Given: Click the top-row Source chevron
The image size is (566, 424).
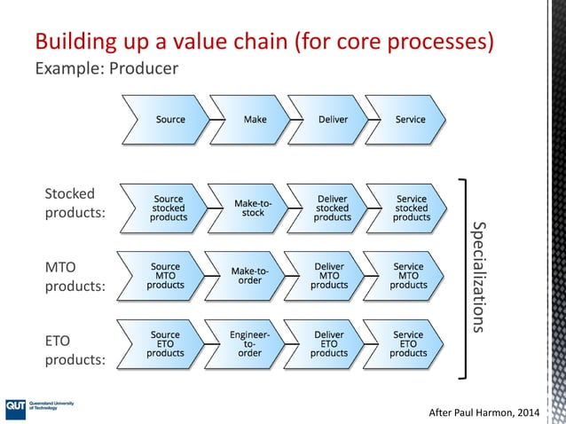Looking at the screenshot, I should [169, 119].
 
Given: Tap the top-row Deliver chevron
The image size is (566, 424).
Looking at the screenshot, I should [333, 119].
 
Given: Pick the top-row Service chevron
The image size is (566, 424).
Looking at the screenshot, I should [410, 119].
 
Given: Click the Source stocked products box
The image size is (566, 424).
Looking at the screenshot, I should [169, 208].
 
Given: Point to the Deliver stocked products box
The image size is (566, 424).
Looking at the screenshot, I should [332, 208].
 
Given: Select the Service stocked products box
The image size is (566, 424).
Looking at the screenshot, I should [411, 208].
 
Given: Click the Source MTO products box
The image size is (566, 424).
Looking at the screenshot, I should [166, 275].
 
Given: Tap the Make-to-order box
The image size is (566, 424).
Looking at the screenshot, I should [249, 275].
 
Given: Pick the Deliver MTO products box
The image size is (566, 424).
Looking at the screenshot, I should [329, 275].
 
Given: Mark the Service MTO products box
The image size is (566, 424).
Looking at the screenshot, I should [408, 275].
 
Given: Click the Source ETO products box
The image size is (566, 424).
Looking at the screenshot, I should [166, 343].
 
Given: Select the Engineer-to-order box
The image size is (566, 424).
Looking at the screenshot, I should [249, 343].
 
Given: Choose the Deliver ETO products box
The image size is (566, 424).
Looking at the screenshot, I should [329, 343].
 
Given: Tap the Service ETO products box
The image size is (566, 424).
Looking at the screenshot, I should [408, 343].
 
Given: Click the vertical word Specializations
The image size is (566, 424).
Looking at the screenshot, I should [480, 276].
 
